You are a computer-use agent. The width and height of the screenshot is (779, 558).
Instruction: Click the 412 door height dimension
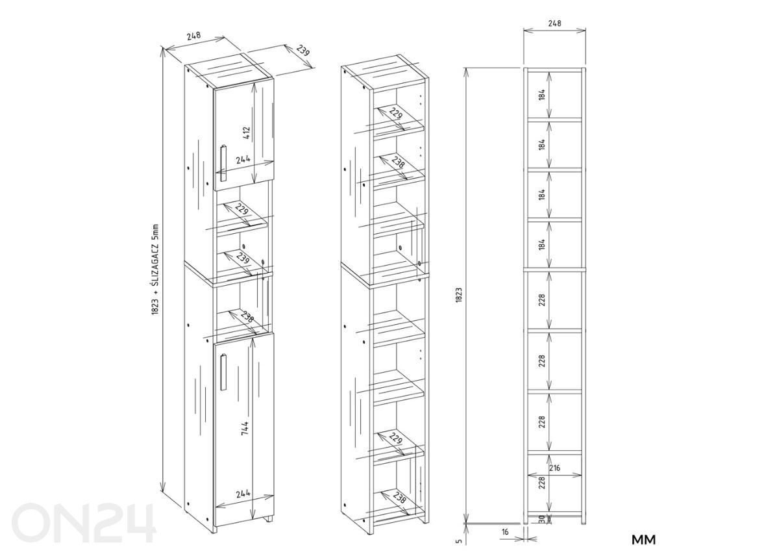pos(246,133)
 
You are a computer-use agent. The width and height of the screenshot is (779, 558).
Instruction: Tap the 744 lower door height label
pos(245,428)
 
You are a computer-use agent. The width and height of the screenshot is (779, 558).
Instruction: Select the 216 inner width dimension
pos(554,468)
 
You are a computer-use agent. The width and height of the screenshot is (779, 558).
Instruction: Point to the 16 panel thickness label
pos(505,532)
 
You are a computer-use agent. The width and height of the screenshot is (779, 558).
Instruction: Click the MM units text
pos(644,540)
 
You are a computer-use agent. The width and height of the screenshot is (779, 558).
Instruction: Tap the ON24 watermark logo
pos(83,523)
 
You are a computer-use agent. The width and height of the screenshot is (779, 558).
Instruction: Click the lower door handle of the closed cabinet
pos(223,372)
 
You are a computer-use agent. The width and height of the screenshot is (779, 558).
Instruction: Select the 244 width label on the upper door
pos(243,159)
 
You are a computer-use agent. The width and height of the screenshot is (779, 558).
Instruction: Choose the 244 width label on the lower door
pos(243,493)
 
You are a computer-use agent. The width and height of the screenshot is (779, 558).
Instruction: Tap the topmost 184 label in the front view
pos(541,95)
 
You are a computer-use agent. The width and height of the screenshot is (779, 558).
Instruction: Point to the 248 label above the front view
pos(554,23)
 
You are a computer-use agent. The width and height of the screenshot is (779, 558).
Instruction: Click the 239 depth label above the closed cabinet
pos(303,51)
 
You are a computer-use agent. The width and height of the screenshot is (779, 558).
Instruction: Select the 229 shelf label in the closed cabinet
pos(242,209)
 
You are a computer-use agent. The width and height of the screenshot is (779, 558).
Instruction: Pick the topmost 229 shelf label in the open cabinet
pos(396,113)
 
